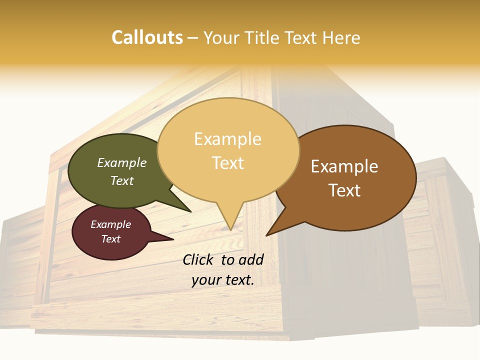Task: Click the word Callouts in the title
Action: pyautogui.click(x=147, y=37)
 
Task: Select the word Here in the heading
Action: pyautogui.click(x=341, y=37)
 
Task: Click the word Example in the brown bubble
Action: pyautogui.click(x=344, y=166)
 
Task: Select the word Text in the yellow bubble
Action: pyautogui.click(x=228, y=163)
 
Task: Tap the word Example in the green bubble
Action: pyautogui.click(x=122, y=162)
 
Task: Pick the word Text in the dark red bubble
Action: pyautogui.click(x=111, y=239)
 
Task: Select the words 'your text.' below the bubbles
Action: pyautogui.click(x=223, y=280)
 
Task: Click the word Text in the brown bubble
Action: pyautogui.click(x=344, y=190)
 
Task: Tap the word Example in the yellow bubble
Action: pyautogui.click(x=228, y=139)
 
